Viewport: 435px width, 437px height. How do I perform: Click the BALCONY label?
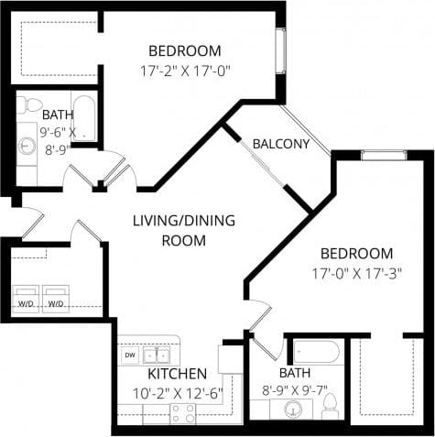pos(280,145)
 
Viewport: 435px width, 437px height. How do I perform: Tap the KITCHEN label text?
pos(177,374)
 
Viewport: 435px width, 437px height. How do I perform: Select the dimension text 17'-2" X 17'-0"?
pos(184,70)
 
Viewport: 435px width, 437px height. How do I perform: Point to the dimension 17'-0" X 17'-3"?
pos(356,272)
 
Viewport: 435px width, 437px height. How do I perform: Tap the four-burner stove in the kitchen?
pos(182,413)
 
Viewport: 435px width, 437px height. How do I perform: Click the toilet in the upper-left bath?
pos(33,103)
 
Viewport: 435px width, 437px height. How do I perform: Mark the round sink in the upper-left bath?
pos(27,145)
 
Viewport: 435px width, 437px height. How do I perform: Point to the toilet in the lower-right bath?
pos(332,404)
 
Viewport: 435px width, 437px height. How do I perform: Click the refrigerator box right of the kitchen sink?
pos(228,358)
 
